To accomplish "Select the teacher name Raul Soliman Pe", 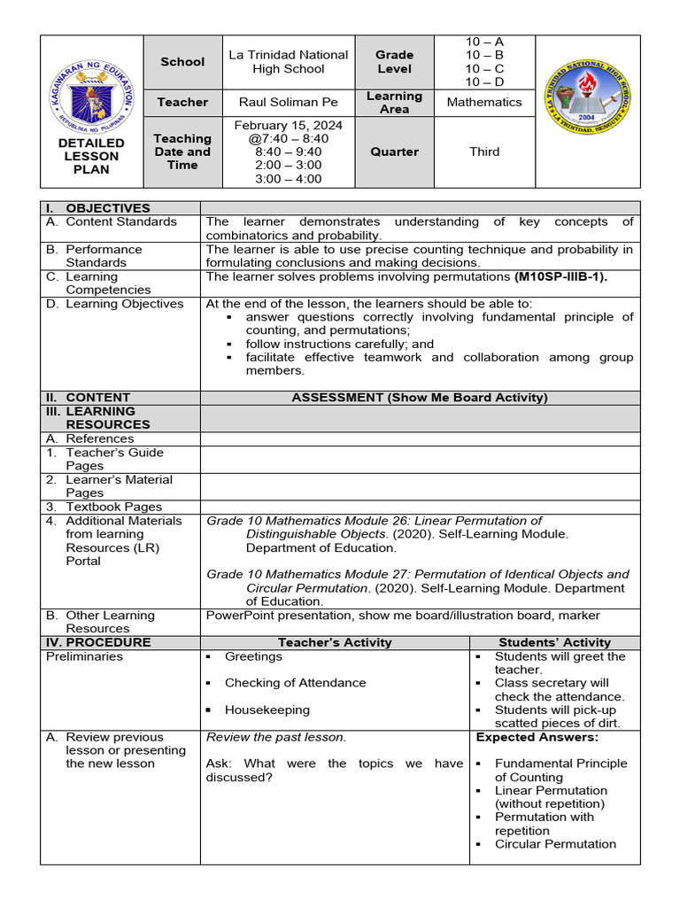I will pyautogui.click(x=275, y=102).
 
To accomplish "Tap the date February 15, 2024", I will pyautogui.click(x=288, y=125).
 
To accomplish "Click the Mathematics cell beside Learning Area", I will pyautogui.click(x=483, y=102).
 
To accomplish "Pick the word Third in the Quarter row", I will pyautogui.click(x=483, y=151).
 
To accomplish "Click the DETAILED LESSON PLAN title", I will pyautogui.click(x=91, y=156).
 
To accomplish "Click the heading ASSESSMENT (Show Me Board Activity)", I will pyautogui.click(x=420, y=398).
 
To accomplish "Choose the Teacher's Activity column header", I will pyautogui.click(x=334, y=642).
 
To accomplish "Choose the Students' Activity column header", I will pyautogui.click(x=554, y=642).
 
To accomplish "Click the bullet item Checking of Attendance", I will pyautogui.click(x=295, y=683).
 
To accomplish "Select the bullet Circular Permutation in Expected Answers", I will pyautogui.click(x=555, y=844).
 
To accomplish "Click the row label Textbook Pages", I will pyautogui.click(x=113, y=507).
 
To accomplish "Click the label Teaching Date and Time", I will pyautogui.click(x=182, y=151).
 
